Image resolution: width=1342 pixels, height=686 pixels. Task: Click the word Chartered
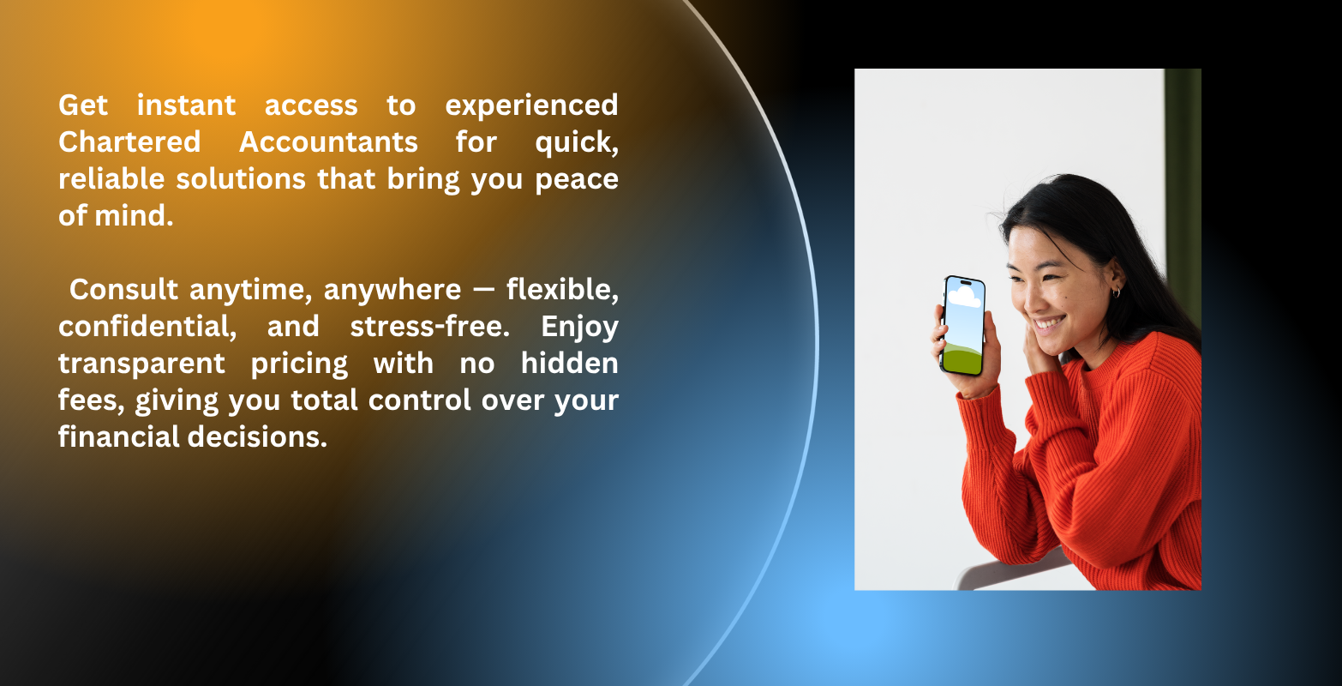pyautogui.click(x=129, y=142)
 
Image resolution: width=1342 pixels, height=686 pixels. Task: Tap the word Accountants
pyautogui.click(x=328, y=142)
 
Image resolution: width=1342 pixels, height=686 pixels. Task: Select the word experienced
pyautogui.click(x=531, y=106)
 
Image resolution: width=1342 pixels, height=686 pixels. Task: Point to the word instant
pyautogui.click(x=186, y=105)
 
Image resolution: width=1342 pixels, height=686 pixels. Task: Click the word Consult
pyautogui.click(x=123, y=290)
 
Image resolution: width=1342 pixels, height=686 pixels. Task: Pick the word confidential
pyautogui.click(x=147, y=328)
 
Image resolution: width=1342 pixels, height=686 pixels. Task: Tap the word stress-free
pyautogui.click(x=429, y=326)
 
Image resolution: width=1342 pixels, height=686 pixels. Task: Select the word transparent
pyautogui.click(x=142, y=364)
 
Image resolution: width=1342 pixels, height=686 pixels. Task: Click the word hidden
pyautogui.click(x=569, y=363)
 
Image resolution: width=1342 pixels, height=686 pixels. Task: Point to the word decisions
pyautogui.click(x=257, y=436)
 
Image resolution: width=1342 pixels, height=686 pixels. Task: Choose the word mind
pyautogui.click(x=134, y=216)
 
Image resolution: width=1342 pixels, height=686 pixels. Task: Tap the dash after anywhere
pyautogui.click(x=483, y=290)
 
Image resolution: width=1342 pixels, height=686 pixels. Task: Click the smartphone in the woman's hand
pyautogui.click(x=962, y=326)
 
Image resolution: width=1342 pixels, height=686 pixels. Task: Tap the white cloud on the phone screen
pyautogui.click(x=965, y=296)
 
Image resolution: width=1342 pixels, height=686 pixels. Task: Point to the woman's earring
pyautogui.click(x=1116, y=292)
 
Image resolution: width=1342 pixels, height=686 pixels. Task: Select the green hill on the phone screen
pyautogui.click(x=962, y=358)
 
